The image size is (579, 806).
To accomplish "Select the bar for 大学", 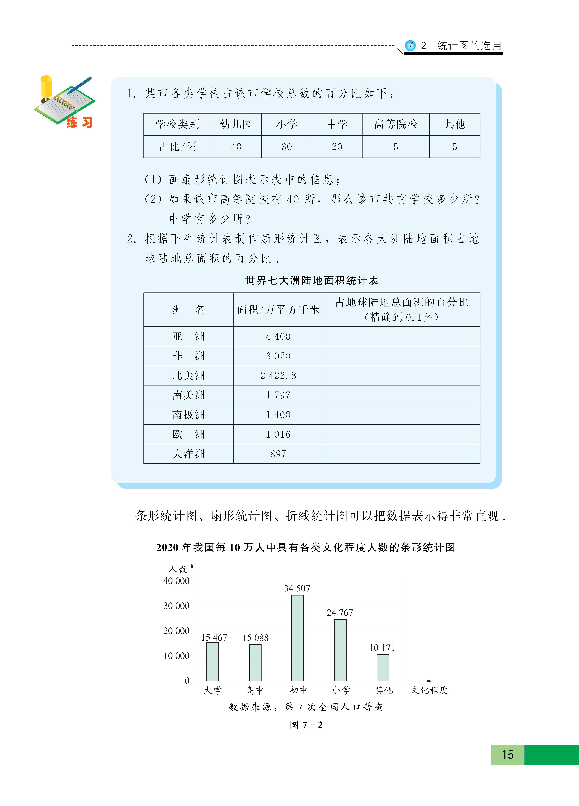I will (x=213, y=662).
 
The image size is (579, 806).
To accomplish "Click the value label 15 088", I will (x=255, y=638).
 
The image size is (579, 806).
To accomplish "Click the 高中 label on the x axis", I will (x=255, y=690).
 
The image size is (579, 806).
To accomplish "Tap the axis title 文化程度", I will (x=429, y=690).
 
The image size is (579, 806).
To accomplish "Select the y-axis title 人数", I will (x=178, y=569).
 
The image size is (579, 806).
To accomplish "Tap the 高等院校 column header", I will (x=396, y=124).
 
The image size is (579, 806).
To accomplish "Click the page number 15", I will (x=508, y=754).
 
